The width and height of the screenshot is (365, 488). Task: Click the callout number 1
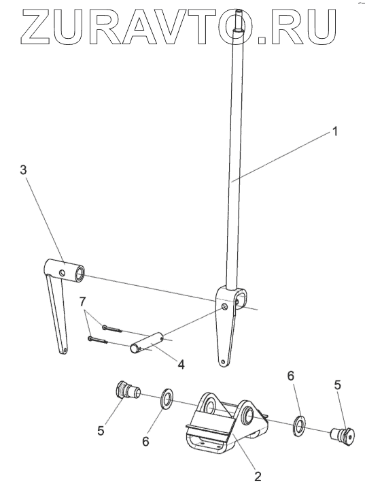coord(334,131)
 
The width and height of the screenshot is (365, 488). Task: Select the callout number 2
coord(258,476)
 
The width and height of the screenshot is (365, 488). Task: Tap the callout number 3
coord(23,170)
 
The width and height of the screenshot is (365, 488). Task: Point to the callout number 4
coord(181,364)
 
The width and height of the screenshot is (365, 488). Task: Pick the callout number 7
coord(82,302)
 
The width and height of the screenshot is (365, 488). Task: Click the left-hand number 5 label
coord(101,430)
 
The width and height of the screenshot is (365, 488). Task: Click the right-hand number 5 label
coord(338,385)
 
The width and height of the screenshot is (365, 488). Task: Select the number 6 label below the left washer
coord(145,441)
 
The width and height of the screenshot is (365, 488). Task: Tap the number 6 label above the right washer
coord(290,376)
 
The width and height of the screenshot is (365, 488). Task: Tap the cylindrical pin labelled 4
coord(148,343)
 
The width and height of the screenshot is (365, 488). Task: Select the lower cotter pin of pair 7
coord(98,340)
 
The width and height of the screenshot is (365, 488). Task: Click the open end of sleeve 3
coord(80,273)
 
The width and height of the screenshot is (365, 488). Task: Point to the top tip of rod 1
coord(239,11)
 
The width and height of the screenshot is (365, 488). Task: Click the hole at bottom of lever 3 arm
coord(65,350)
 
